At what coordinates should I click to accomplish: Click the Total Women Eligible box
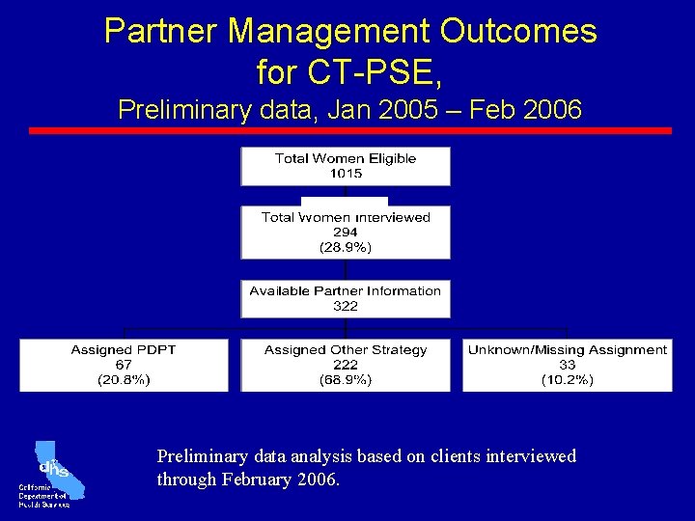(345, 165)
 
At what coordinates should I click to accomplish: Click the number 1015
(345, 174)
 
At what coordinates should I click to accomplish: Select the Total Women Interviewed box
(345, 232)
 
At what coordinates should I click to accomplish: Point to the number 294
(345, 232)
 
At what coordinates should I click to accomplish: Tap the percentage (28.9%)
(345, 247)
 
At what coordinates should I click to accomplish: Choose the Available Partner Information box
(345, 298)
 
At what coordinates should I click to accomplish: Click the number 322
(345, 306)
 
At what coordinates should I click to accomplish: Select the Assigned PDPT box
(124, 365)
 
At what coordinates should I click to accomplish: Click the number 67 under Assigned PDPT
(124, 365)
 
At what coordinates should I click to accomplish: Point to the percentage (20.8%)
(124, 380)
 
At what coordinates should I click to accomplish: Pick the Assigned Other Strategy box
(345, 365)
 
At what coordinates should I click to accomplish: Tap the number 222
(345, 365)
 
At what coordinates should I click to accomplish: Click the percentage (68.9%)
(345, 380)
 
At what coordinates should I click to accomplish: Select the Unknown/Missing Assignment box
(567, 365)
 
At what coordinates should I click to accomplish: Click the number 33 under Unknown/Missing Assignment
(567, 365)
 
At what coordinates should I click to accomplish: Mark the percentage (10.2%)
(567, 380)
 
